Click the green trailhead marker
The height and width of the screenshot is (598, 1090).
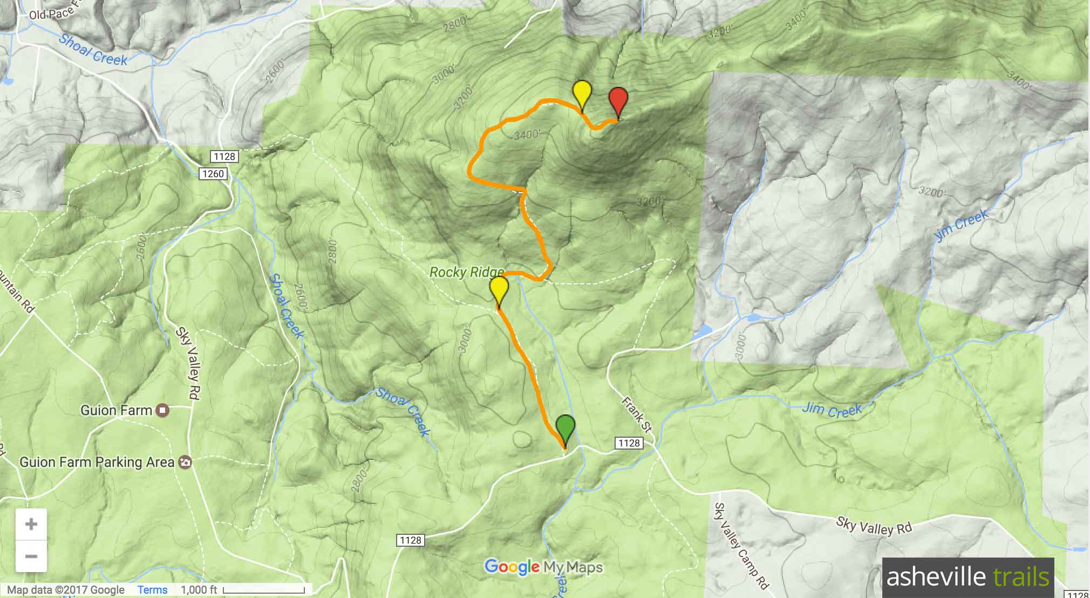[565, 429]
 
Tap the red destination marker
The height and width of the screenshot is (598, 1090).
[618, 100]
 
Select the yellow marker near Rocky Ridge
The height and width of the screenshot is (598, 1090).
[499, 290]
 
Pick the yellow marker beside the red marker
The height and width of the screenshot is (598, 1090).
[582, 94]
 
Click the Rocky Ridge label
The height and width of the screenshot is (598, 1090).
[467, 272]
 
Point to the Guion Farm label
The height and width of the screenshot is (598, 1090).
[116, 411]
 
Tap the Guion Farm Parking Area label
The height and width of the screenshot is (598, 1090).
[97, 463]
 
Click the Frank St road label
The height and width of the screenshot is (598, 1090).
[637, 414]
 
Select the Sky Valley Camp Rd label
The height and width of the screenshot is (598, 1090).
[740, 545]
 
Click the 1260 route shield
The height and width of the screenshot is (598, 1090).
[213, 174]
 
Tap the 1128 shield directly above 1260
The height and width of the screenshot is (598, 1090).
[224, 157]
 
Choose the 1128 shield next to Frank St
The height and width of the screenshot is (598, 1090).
[629, 443]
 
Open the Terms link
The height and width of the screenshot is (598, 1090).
[153, 590]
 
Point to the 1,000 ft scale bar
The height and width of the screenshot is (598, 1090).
[264, 590]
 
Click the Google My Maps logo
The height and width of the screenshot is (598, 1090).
[543, 567]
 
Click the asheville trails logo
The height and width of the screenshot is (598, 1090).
[968, 577]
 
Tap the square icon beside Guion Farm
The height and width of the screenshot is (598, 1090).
[162, 411]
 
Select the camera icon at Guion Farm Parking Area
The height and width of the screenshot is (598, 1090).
[185, 463]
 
